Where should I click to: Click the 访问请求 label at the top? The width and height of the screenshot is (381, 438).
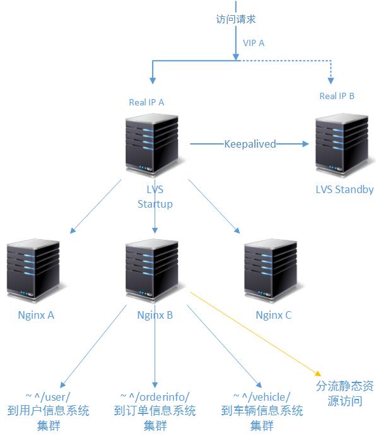[x=235, y=19]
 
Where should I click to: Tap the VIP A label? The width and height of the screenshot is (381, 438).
[x=254, y=43]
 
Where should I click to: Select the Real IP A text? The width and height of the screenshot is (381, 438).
[x=147, y=102]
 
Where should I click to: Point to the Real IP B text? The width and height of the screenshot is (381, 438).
[x=337, y=96]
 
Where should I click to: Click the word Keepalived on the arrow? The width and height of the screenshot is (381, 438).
[x=250, y=144]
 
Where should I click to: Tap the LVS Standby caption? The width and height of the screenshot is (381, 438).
[x=344, y=189]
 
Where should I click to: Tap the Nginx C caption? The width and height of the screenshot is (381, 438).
[x=273, y=315]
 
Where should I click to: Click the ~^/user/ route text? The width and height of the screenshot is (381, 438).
[x=48, y=397]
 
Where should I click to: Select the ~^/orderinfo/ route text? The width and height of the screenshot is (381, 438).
[x=155, y=397]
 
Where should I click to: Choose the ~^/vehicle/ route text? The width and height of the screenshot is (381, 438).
[x=262, y=397]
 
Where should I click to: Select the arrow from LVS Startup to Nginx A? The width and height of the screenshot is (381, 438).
[x=96, y=206]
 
